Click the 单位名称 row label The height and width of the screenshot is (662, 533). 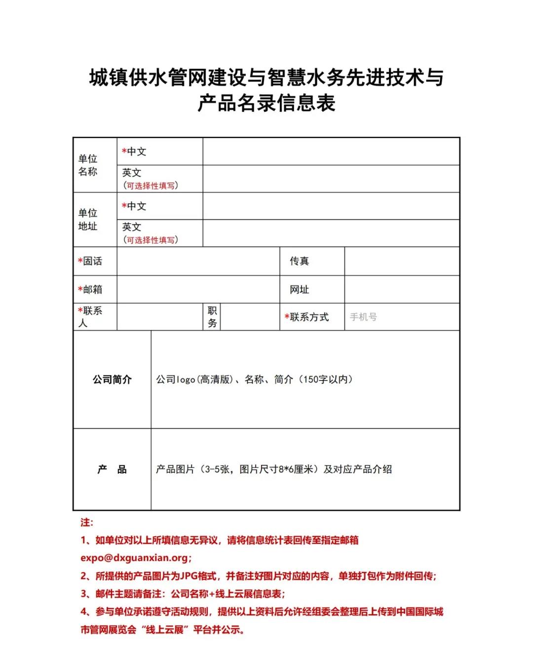(88, 165)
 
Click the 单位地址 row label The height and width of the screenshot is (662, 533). (88, 219)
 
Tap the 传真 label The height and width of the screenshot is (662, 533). (299, 261)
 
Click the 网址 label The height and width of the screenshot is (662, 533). (299, 289)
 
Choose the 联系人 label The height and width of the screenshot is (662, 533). (90, 316)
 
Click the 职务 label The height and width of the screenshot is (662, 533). (212, 316)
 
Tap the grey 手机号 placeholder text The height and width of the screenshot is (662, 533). (363, 317)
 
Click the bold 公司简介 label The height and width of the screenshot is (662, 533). (112, 380)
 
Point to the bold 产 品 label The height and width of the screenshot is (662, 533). (112, 469)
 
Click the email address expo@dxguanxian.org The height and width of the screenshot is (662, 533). (134, 558)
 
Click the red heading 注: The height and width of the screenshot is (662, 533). (87, 523)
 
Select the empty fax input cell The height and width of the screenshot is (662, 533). (402, 261)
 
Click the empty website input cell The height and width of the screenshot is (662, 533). (402, 289)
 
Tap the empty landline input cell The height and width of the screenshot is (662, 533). (198, 261)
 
